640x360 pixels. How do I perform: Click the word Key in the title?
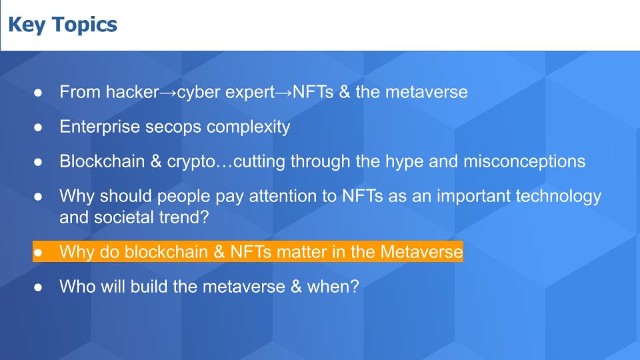pos(27,25)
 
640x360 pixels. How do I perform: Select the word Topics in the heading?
pos(85,25)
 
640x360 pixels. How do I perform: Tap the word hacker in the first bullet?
pos(132,91)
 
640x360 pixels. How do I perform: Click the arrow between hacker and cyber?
pos(168,93)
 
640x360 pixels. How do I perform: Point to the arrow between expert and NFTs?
pos(284,93)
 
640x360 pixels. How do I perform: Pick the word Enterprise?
pos(99,127)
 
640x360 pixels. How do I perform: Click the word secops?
pos(173,127)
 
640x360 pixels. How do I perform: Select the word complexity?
pos(248,127)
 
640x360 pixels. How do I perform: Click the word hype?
pos(404,162)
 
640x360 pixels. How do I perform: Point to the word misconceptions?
pos(524,161)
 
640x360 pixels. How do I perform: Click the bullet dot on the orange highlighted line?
pos(38,252)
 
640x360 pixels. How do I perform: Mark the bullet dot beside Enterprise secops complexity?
pos(38,127)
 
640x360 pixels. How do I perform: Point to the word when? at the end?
pos(333,286)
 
